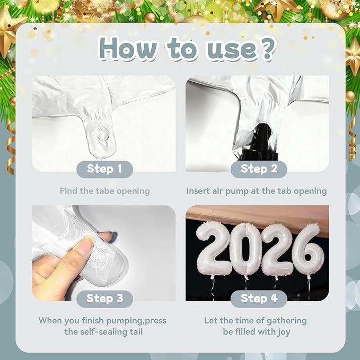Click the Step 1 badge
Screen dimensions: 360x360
(104, 169)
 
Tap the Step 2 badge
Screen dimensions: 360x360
(259, 169)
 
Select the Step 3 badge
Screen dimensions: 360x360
(104, 298)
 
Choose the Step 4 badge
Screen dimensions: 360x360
(259, 298)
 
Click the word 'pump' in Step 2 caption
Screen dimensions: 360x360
(237, 191)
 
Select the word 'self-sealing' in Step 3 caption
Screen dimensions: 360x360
(104, 332)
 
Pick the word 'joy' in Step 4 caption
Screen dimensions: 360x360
(284, 332)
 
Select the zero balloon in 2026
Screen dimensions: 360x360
(246, 250)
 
